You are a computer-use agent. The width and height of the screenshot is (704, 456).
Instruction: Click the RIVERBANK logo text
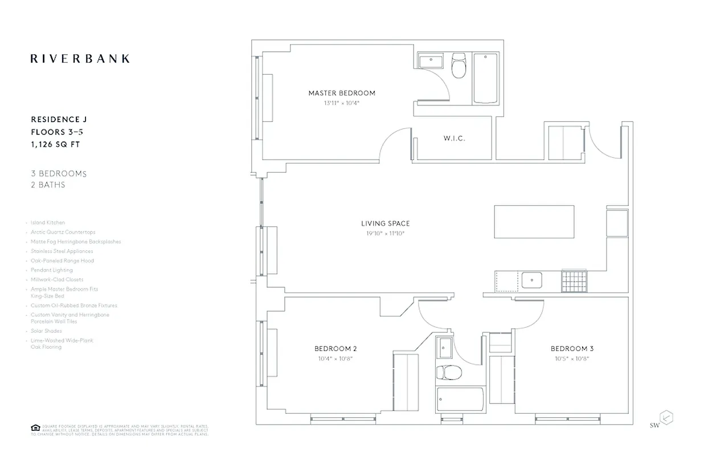pos(80,58)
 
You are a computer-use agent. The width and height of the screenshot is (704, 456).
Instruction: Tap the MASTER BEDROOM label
pos(342,93)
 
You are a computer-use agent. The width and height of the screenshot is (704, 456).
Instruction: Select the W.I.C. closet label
pos(454,139)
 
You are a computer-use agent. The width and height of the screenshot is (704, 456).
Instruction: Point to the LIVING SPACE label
pos(385,223)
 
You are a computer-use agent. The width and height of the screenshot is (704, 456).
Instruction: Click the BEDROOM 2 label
pos(335,349)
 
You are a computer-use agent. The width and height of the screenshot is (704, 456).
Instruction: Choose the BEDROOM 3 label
pos(572,349)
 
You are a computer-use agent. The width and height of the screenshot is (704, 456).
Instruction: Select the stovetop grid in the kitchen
pos(574,280)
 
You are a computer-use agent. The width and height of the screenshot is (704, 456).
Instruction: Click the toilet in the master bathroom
pos(459,67)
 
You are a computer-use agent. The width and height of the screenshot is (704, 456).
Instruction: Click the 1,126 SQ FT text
pos(55,144)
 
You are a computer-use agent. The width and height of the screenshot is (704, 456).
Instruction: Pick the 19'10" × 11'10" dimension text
pos(385,234)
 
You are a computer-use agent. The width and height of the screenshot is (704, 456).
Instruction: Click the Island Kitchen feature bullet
pos(48,223)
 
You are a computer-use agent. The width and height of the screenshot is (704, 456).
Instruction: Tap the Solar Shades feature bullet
pos(46,331)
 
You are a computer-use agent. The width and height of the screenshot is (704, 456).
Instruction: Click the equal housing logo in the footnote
pos(35,427)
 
